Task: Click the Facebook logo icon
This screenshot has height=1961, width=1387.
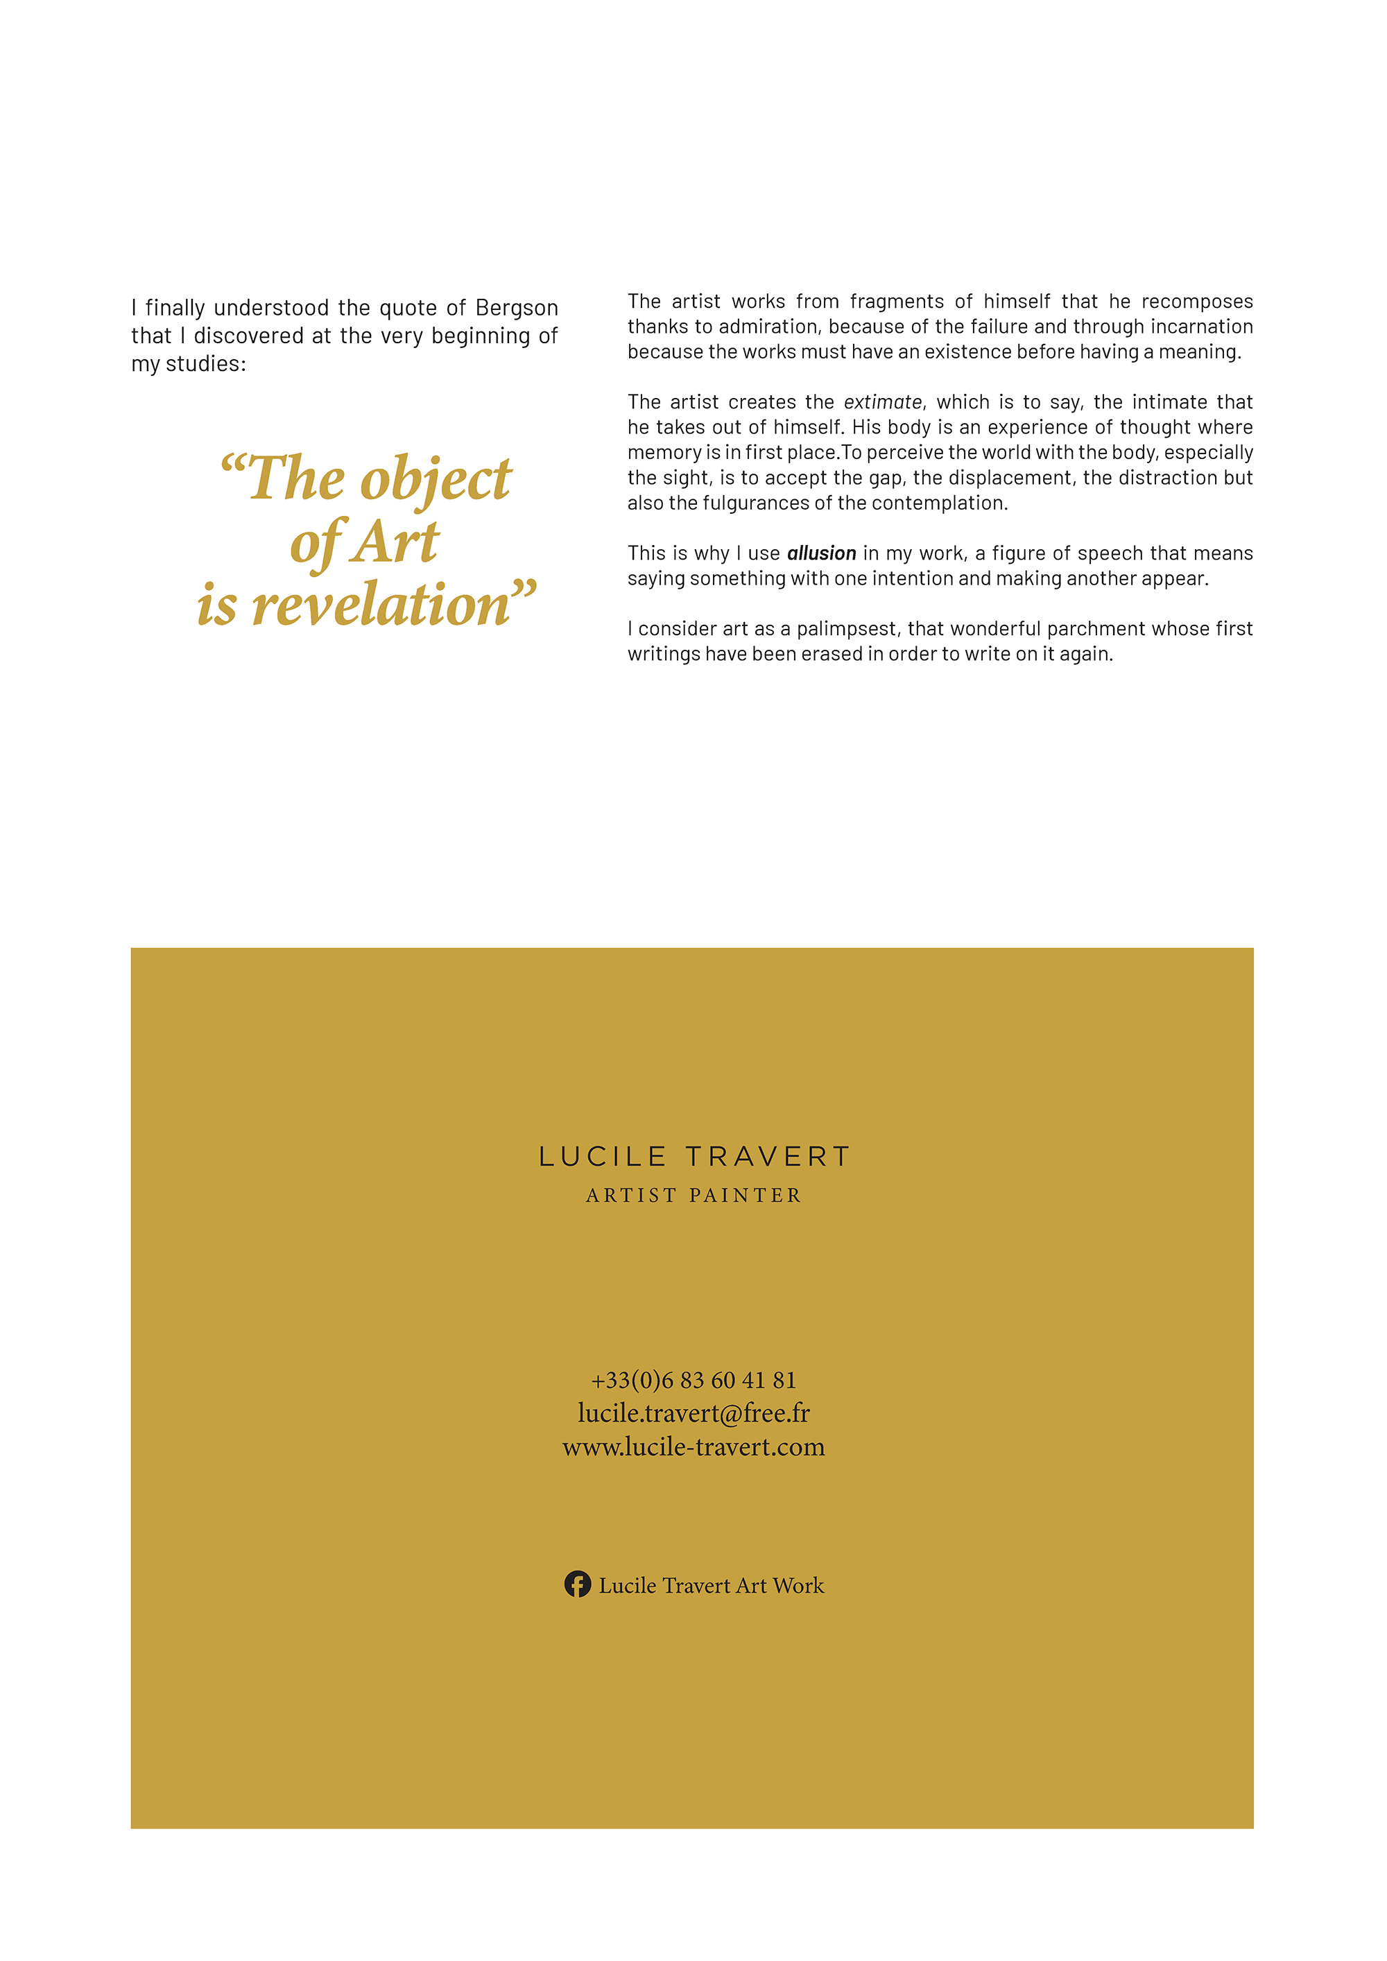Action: pos(578,1584)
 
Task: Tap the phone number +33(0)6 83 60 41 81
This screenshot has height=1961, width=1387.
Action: pos(693,1380)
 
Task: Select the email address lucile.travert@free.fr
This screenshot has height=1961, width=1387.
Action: pos(693,1413)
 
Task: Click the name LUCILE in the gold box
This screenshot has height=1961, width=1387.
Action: pos(602,1157)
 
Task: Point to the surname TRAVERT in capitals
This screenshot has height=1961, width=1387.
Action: pos(768,1157)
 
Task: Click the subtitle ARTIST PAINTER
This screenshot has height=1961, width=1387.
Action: pos(693,1195)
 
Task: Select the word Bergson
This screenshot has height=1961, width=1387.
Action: pos(517,307)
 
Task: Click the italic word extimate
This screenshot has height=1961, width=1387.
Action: pos(882,402)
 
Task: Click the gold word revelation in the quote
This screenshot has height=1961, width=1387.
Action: pos(380,605)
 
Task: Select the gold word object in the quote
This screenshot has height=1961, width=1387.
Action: pos(436,479)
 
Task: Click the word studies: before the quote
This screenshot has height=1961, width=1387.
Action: pos(205,364)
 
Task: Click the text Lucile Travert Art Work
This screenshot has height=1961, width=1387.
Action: pos(711,1585)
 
